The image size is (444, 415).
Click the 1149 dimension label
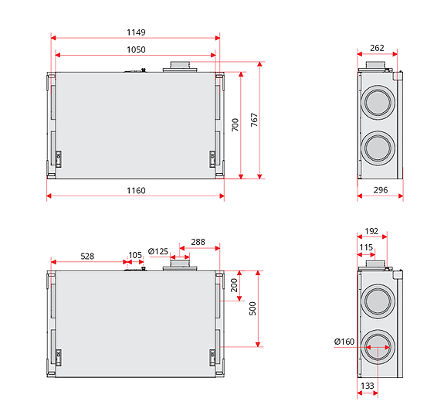point(136,32)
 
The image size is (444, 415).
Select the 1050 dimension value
point(136,49)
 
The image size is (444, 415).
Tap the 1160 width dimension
point(136,190)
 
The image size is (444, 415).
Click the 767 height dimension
point(254,120)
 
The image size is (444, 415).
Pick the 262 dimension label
point(377,48)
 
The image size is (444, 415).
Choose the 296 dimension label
point(380,190)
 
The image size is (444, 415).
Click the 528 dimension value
point(87,255)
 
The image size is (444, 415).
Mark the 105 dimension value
point(135,255)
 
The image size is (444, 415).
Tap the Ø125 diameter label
point(158,251)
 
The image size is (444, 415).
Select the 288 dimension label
point(198,242)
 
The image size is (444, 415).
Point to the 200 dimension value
point(235,286)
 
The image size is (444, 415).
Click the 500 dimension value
point(253,308)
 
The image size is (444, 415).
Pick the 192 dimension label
point(371,230)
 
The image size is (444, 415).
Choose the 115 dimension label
point(366,247)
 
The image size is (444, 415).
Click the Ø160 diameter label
point(344,342)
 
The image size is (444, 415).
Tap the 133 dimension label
point(368,386)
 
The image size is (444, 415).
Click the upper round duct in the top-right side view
point(378,102)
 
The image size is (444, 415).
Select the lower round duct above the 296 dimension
point(378,147)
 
